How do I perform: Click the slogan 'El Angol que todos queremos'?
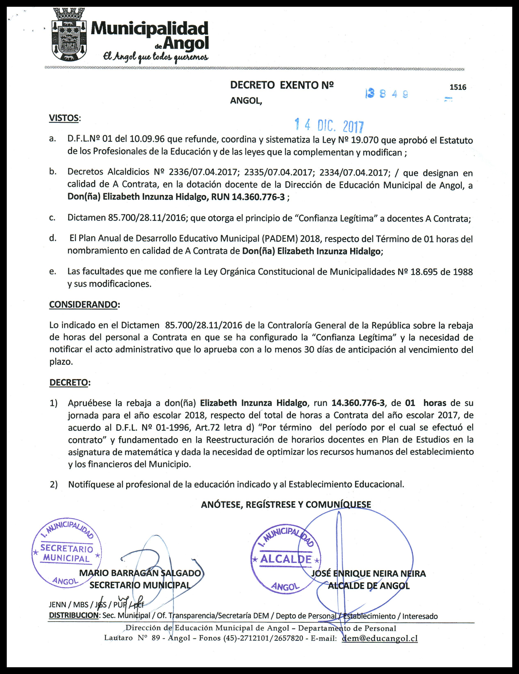(156, 57)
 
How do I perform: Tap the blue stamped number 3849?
(387, 94)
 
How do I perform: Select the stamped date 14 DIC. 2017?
(329, 125)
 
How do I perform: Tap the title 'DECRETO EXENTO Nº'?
(282, 85)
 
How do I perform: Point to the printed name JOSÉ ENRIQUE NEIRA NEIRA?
(368, 573)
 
